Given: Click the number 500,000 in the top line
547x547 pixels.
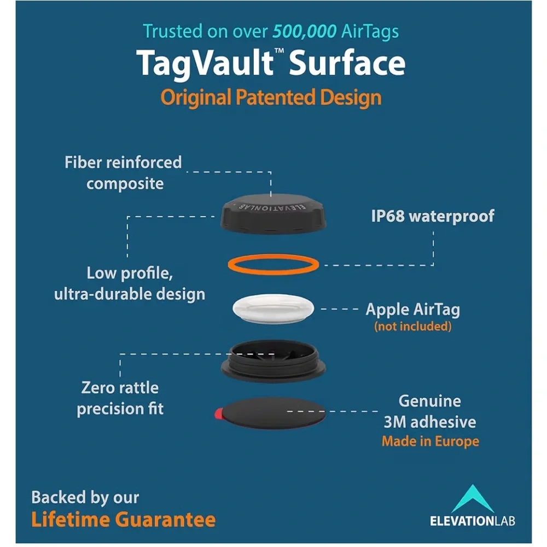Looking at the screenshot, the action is coord(305,32).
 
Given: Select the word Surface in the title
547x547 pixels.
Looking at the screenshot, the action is coord(347,63).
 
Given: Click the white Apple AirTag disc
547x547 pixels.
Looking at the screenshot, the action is coord(273,309).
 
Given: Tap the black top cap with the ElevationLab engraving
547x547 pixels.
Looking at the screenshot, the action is coord(273,213).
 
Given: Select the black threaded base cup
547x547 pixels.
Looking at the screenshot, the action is coord(273,362).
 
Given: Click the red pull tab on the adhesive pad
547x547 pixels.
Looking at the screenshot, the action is coord(219,414).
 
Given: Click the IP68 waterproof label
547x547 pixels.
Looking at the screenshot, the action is coord(433,216).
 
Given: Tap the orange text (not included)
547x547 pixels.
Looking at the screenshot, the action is coord(412,327).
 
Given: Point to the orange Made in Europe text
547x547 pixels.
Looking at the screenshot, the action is coord(430,441).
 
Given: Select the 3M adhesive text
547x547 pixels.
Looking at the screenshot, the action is coord(430,422).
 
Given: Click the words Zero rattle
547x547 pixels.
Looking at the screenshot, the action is coord(120,388).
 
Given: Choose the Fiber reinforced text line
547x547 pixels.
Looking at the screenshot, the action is coord(123,162).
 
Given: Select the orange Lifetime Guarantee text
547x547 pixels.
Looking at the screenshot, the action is coord(124,520).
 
